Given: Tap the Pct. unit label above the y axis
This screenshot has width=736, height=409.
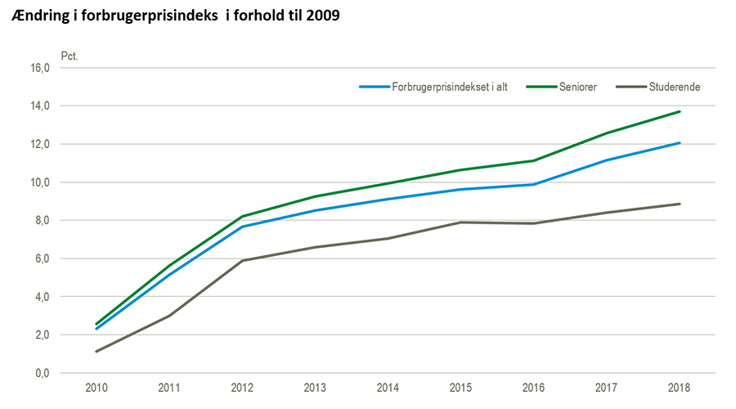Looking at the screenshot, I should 70,56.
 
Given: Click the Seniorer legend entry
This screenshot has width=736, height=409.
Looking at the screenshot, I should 578,87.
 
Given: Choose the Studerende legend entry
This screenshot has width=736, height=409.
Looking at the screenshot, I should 673,87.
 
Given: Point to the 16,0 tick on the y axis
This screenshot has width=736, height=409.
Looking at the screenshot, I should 40,68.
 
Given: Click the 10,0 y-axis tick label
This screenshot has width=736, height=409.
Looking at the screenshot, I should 40,182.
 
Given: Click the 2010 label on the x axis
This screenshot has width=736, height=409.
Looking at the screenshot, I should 96,387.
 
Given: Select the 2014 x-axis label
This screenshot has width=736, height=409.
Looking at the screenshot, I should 388,387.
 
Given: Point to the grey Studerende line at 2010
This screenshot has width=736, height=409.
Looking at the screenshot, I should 96,352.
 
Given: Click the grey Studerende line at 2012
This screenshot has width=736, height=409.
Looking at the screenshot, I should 243,260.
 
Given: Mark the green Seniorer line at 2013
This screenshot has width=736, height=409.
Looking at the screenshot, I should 316,196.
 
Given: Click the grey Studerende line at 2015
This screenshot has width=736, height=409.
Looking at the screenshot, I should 461,222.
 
